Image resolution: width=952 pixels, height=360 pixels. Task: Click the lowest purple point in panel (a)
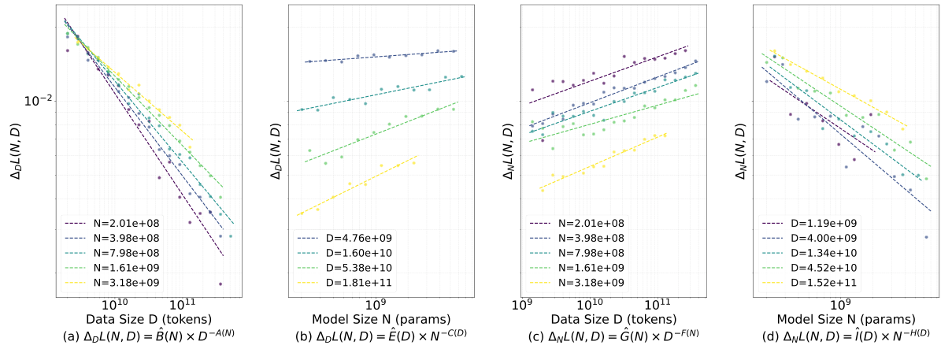[x=220, y=284]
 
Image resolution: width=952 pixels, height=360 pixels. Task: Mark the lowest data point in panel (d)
[x=926, y=236]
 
